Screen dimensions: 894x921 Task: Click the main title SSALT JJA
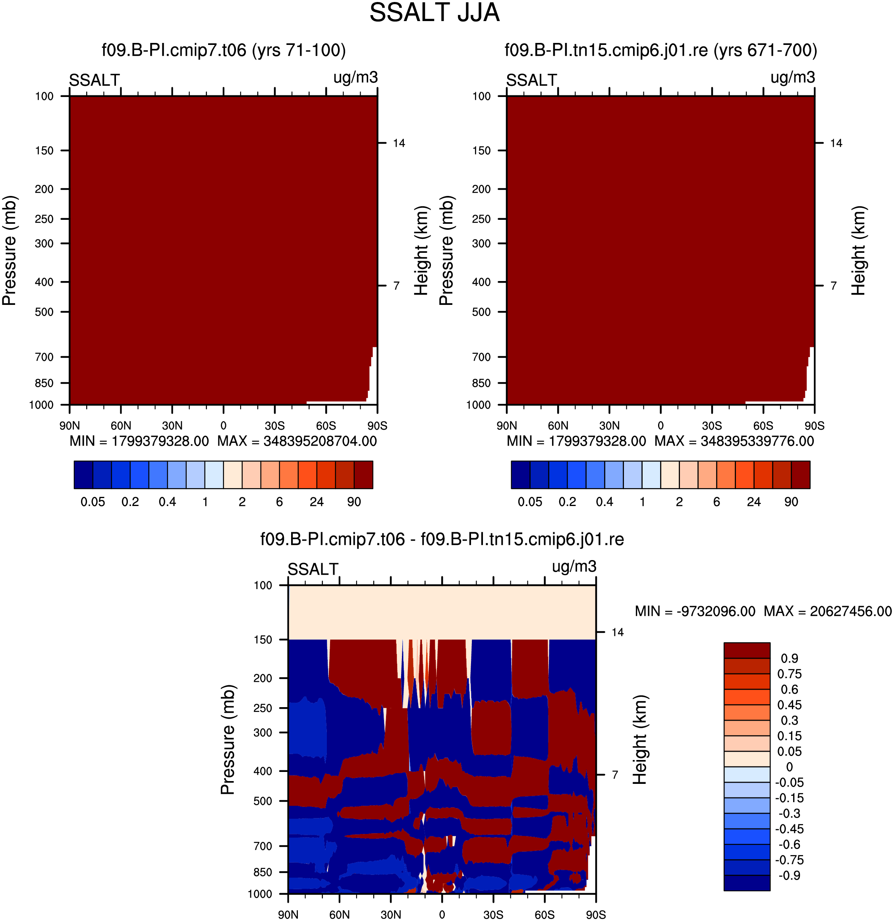[434, 13]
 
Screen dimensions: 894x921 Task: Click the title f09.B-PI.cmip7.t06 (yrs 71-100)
[224, 50]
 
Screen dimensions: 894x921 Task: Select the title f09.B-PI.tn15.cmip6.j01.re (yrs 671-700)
[660, 50]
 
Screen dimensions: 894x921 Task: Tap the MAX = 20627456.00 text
[827, 611]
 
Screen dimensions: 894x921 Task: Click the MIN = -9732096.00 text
[695, 611]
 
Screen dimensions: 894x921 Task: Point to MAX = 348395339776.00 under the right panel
[734, 441]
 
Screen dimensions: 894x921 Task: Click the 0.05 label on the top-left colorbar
[93, 502]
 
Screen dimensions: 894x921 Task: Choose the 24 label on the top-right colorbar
[754, 502]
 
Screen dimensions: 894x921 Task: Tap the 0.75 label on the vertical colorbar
[789, 674]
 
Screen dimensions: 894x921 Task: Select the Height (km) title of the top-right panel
[858, 250]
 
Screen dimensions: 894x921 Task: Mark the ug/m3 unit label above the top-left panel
[355, 78]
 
